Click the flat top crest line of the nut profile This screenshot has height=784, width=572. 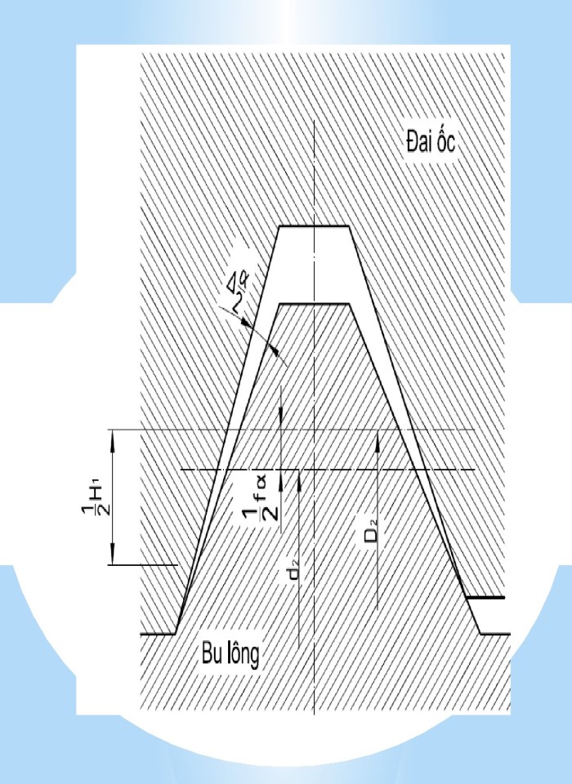[x=315, y=226]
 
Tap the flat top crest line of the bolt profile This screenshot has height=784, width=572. [x=315, y=304]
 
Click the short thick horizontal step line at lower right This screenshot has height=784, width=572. [x=485, y=598]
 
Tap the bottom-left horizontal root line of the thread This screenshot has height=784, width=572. [x=159, y=633]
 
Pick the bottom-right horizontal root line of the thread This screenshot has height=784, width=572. [x=494, y=633]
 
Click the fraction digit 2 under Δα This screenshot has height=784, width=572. [x=238, y=303]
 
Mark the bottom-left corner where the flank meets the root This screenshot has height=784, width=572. [x=177, y=633]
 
